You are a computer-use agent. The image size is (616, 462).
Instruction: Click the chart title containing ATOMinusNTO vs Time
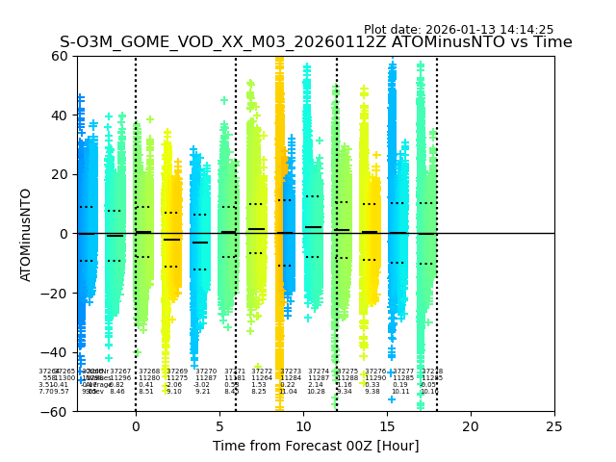(316, 42)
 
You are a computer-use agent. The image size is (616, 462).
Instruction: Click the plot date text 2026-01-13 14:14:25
(458, 30)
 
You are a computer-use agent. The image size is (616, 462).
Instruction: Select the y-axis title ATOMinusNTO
(26, 234)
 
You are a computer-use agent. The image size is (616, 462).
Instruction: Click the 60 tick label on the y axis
(60, 56)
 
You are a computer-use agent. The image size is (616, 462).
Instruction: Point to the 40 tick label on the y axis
(60, 115)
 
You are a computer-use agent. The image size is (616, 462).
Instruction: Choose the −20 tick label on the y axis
(55, 293)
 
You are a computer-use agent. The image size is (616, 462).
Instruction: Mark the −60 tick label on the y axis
(55, 411)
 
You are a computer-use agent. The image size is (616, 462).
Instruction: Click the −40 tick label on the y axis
(55, 352)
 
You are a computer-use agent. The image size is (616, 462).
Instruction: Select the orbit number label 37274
(319, 371)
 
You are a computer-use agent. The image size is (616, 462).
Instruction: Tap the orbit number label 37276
(374, 371)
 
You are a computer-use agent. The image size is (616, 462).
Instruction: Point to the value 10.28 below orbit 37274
(316, 392)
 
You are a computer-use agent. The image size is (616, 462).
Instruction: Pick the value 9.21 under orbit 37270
(203, 392)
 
